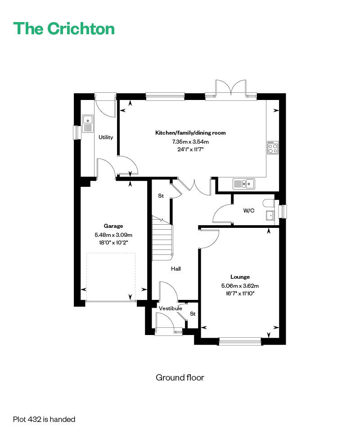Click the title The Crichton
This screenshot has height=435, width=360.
tap(64, 28)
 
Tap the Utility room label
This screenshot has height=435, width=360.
tap(106, 137)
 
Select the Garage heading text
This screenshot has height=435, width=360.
tap(113, 226)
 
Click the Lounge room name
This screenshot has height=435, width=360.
tap(240, 276)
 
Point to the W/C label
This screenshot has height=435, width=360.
tap(248, 211)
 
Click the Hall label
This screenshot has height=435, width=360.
tap(175, 268)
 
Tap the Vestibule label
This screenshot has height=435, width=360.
tap(171, 308)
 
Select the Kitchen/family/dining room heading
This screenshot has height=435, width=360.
tap(190, 132)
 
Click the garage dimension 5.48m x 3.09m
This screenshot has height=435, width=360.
tap(113, 235)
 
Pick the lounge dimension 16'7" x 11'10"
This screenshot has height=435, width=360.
tap(240, 293)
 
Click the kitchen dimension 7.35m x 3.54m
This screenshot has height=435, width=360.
tap(190, 141)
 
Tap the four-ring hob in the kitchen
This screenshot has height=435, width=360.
tap(273, 148)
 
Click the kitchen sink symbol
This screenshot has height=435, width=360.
tap(243, 184)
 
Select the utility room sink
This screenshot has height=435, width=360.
tap(88, 124)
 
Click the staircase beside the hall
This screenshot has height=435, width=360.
tap(162, 239)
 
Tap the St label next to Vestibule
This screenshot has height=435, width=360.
tap(193, 313)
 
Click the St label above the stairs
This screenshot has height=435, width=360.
tap(161, 195)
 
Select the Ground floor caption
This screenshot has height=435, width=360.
tap(180, 377)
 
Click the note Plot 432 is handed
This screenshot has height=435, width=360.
tap(44, 419)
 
